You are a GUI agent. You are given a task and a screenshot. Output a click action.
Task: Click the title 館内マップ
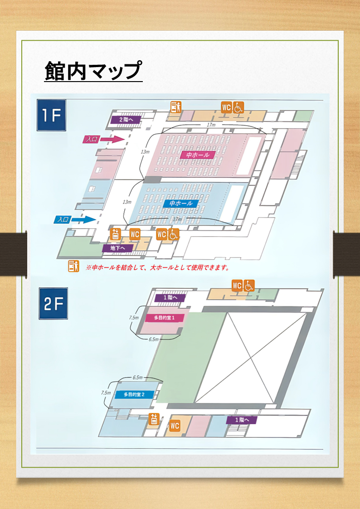pos(93,71)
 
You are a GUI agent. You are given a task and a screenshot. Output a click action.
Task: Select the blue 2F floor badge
pos(53,303)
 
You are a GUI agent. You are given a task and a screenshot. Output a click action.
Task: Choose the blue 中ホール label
pos(181,204)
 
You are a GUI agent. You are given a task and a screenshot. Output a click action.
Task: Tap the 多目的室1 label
pos(164,317)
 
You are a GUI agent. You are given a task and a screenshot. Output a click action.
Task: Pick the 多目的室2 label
pos(134,394)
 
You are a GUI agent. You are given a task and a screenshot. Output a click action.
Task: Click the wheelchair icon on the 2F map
pos(248,286)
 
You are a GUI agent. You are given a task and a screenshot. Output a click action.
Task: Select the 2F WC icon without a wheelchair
pos(175,426)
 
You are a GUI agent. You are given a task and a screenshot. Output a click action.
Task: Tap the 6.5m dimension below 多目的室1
pos(153,339)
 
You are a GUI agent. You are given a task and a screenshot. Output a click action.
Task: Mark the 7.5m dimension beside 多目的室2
pos(106,393)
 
